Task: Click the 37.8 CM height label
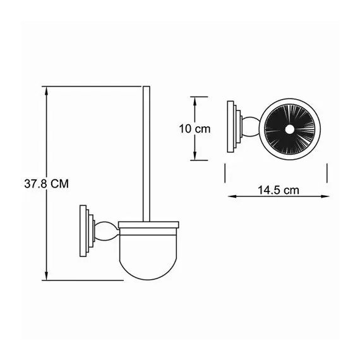(44, 183)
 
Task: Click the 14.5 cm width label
(277, 189)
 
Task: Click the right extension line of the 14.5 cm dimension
(327, 172)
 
